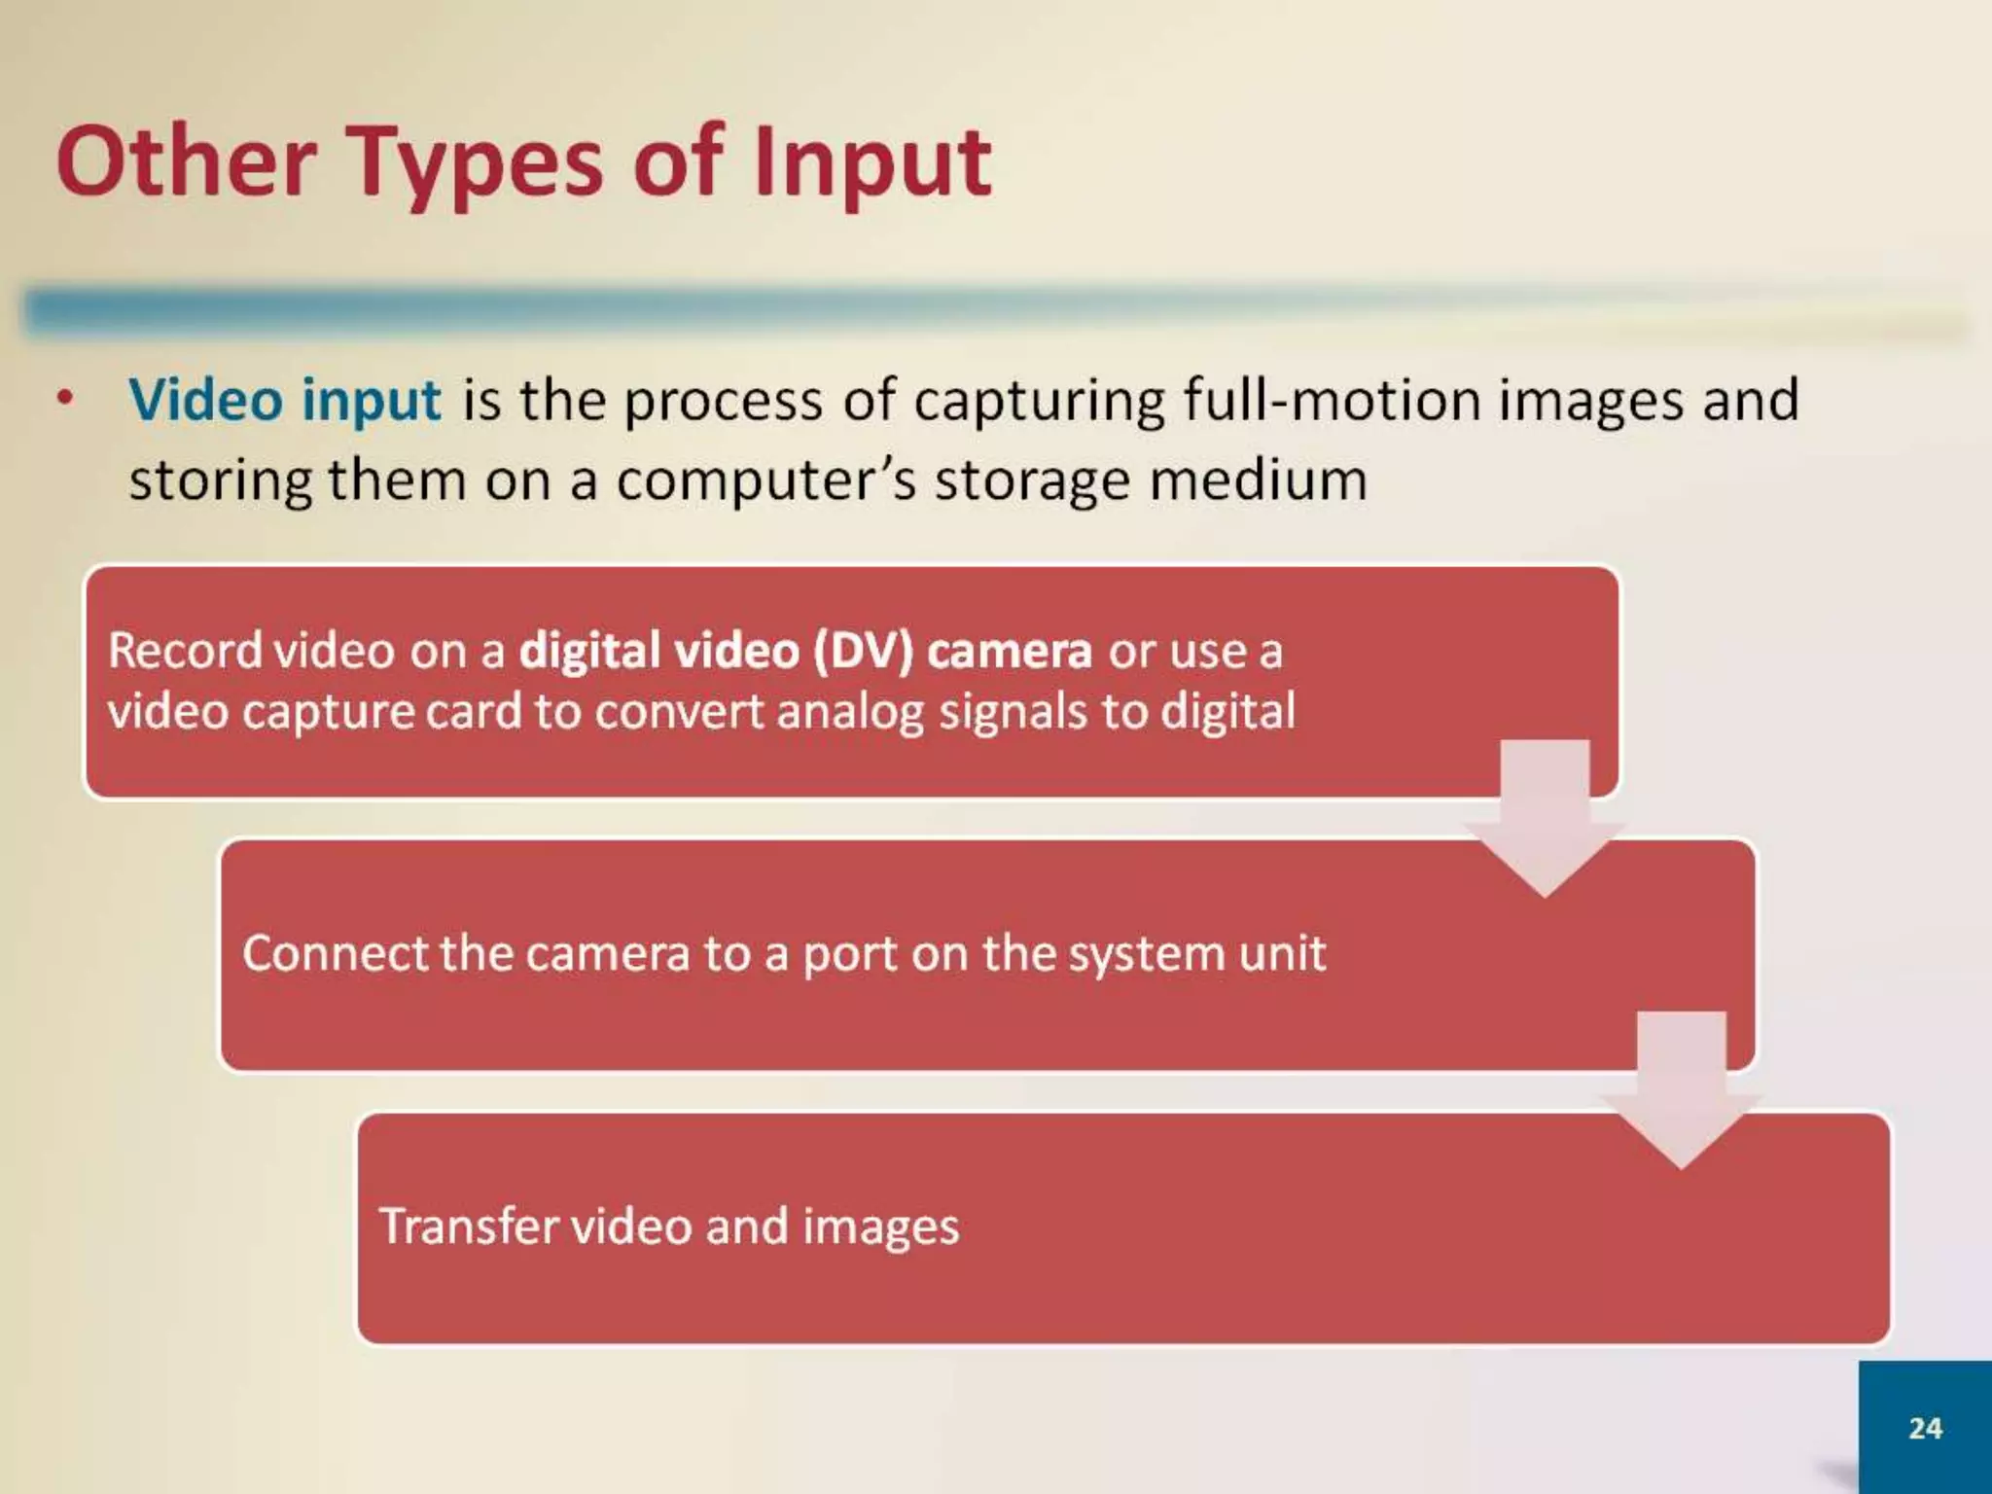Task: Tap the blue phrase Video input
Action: tap(285, 400)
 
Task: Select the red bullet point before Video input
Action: tap(65, 398)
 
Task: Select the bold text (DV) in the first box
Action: tap(863, 650)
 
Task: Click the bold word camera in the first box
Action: tap(1009, 650)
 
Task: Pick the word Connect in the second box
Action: tap(334, 953)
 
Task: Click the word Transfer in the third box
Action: tap(468, 1226)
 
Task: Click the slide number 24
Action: tap(1925, 1428)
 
